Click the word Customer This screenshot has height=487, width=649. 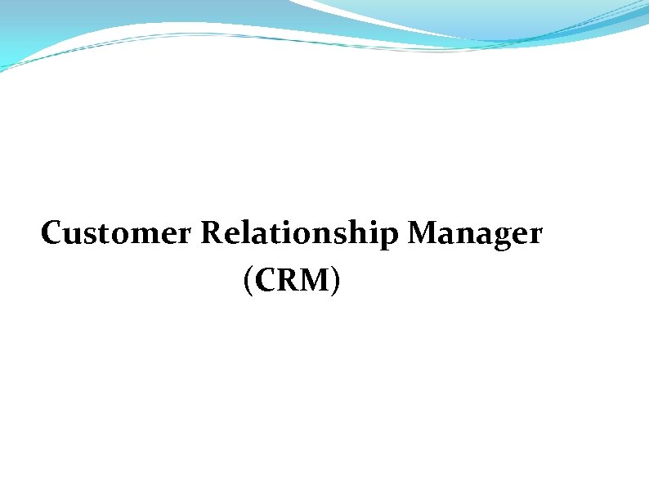point(117,234)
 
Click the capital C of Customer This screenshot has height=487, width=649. point(51,234)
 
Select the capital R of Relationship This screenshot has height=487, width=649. point(211,234)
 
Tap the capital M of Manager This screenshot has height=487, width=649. point(423,234)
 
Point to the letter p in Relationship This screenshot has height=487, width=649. point(390,238)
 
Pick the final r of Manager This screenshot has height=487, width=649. point(535,236)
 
